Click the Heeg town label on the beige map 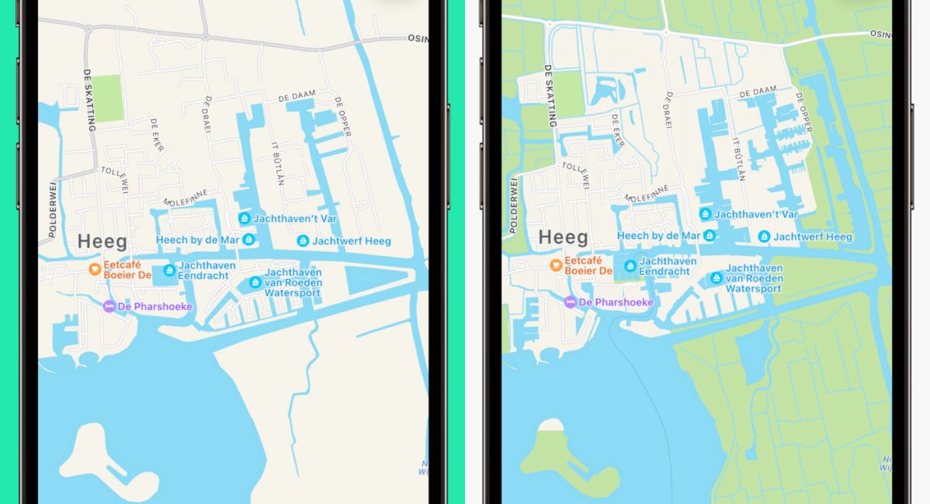pos(101,241)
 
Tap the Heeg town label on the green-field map pos(563,236)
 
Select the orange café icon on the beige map pos(94,269)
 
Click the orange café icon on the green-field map pos(556,265)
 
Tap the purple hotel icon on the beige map pos(109,306)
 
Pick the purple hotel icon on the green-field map pos(570,302)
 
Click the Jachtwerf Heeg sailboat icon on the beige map pos(303,241)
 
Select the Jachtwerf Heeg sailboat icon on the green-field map pos(764,236)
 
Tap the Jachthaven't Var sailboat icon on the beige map pos(244,219)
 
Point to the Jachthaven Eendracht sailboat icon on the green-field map pos(630,266)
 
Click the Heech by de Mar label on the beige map pos(198,240)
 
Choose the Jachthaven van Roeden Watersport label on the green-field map pos(753,278)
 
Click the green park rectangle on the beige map pos(108,98)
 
